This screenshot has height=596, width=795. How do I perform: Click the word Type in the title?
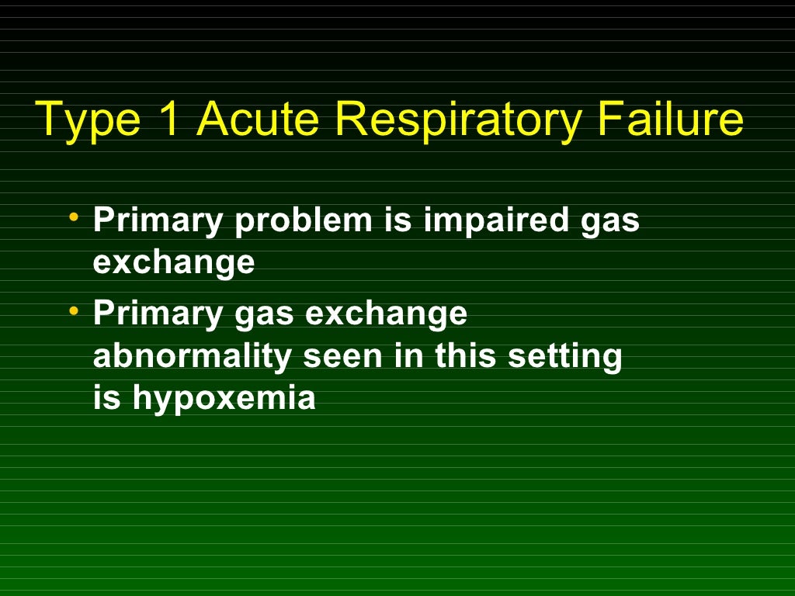(80, 121)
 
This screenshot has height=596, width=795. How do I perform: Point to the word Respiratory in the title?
(459, 121)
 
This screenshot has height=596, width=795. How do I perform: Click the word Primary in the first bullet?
(158, 221)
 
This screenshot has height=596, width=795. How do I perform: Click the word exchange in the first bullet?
(174, 263)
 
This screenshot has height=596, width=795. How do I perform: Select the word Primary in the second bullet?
(158, 314)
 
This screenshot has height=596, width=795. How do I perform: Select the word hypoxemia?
(224, 399)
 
